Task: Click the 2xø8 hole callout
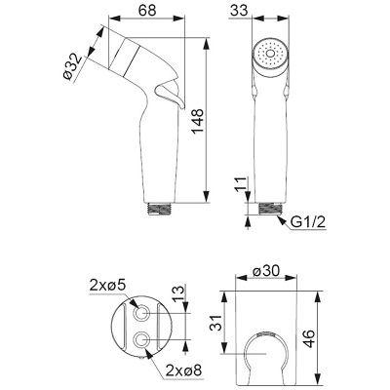[183, 370]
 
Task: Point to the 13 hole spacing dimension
[177, 294]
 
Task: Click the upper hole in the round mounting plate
[145, 315]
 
